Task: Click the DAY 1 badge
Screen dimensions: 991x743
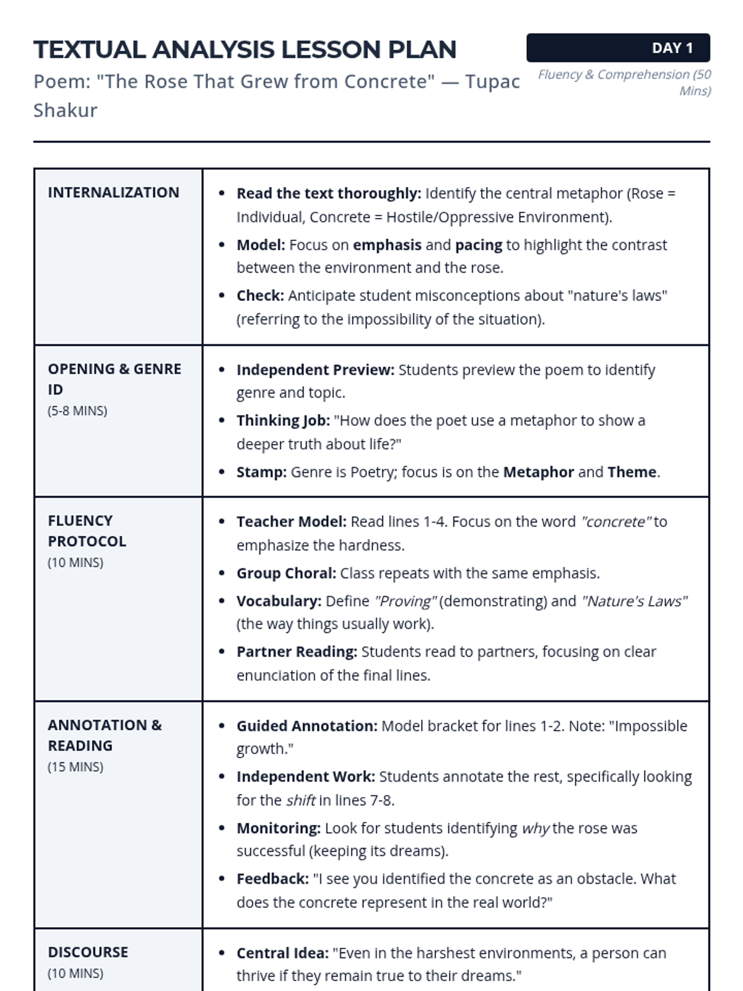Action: (x=618, y=48)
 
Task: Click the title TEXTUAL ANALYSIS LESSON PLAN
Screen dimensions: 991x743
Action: (x=245, y=50)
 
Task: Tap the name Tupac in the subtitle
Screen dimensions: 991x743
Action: (x=492, y=81)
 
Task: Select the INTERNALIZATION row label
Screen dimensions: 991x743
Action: (x=113, y=193)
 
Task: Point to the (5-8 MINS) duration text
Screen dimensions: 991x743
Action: (x=77, y=411)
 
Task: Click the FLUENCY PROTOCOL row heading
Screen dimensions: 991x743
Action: (x=87, y=531)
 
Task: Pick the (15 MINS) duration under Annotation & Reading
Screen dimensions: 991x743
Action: (x=76, y=767)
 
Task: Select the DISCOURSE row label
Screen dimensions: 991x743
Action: (x=88, y=952)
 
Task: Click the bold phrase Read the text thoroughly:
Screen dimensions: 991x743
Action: (x=328, y=193)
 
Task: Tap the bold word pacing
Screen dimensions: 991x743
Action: (x=479, y=245)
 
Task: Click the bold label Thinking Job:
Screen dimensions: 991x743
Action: (x=283, y=421)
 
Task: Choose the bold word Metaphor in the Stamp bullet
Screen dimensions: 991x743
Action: (x=538, y=472)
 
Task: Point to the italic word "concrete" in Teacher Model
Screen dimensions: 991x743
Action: (x=615, y=522)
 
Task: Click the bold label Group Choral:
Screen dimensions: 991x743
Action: (x=286, y=573)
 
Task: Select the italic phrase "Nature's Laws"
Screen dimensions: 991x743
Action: (x=634, y=601)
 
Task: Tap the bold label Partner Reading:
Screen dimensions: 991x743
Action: (x=297, y=652)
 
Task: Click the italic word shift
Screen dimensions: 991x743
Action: (x=301, y=800)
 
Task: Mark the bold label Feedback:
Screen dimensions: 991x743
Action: (x=272, y=879)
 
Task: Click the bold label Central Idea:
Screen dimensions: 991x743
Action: (x=282, y=953)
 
